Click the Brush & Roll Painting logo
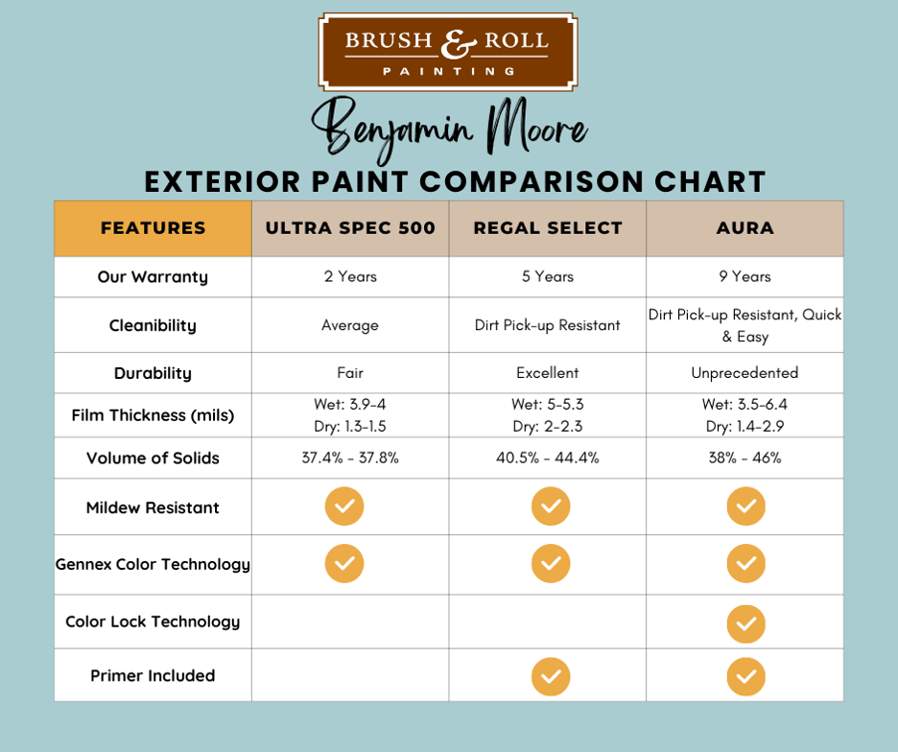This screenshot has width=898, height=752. click(x=447, y=51)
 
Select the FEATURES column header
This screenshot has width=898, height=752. click(x=153, y=228)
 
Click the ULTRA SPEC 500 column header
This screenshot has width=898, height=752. click(x=350, y=228)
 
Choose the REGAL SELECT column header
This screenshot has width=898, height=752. click(x=548, y=228)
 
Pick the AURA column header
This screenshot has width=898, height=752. click(x=744, y=228)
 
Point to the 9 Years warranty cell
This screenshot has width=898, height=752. click(x=744, y=276)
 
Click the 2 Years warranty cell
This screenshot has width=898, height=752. click(x=350, y=276)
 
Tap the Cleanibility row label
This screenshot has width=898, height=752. click(x=153, y=325)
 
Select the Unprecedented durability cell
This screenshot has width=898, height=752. click(x=744, y=372)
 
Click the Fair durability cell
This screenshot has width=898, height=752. click(x=350, y=372)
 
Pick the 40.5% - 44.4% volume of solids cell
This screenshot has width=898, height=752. click(x=548, y=458)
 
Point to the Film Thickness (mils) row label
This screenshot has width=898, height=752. click(x=153, y=415)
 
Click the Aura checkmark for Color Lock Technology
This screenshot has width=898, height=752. click(x=745, y=623)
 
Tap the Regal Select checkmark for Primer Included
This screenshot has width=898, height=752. click(x=550, y=677)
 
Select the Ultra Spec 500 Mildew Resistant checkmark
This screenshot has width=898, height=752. click(x=344, y=506)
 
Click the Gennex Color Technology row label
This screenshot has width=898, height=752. click(x=153, y=564)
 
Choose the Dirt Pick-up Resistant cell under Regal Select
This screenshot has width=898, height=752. click(x=548, y=325)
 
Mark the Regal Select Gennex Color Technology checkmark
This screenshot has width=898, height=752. click(x=550, y=564)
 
